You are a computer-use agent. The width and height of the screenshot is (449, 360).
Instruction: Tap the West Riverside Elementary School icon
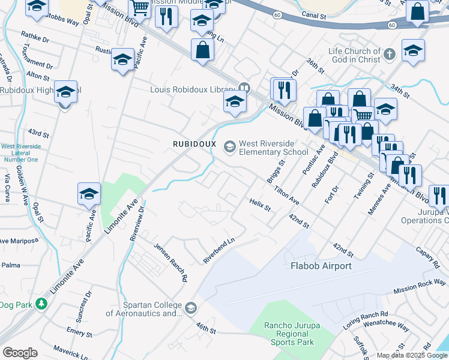pos(229,146)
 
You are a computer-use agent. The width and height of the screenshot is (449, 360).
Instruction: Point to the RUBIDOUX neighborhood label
pos(194,144)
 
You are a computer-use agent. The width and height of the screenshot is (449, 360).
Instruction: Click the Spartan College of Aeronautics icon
pos(191,308)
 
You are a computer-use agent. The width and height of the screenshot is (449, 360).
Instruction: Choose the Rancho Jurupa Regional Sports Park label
pos(289,334)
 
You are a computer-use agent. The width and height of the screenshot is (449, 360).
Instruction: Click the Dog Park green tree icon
pos(41,304)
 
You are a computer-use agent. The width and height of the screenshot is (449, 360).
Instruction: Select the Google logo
pos(20,353)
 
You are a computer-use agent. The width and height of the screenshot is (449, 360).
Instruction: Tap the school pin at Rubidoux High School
pos(66,92)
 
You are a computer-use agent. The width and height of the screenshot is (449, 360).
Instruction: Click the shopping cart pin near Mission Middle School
pos(140,8)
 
